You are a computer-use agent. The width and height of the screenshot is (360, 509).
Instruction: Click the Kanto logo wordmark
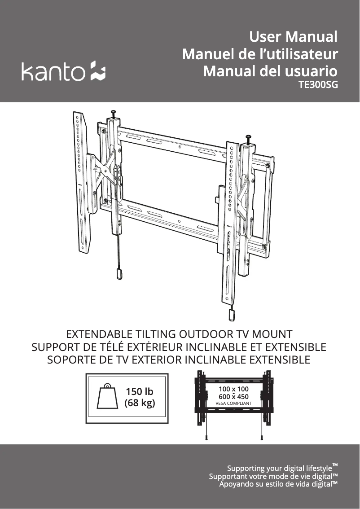pos(53,72)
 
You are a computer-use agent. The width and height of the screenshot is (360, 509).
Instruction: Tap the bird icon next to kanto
pos(97,71)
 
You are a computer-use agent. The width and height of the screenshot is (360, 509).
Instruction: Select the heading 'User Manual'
pos(293,36)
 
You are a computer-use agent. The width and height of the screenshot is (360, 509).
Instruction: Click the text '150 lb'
pos(139,391)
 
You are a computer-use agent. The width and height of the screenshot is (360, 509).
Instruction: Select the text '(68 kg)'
pos(140,403)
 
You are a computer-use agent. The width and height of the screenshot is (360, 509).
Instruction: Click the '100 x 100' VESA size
pos(233,389)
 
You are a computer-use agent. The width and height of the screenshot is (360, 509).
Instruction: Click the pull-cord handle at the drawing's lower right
pos(231,315)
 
